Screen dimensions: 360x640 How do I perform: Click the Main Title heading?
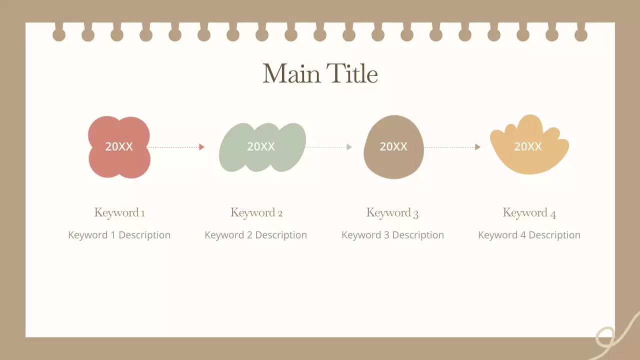point(320,74)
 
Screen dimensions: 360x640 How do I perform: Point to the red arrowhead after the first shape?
point(201,147)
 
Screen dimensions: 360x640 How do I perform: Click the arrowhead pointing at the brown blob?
point(349,147)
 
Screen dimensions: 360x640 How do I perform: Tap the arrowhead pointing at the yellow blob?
point(477,147)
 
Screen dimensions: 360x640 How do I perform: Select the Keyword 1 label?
point(119,212)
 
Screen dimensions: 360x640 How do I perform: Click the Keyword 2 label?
point(256,212)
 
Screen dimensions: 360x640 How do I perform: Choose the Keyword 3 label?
point(392,212)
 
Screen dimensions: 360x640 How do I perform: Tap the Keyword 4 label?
point(529,212)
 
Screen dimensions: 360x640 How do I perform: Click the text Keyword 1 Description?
point(119,235)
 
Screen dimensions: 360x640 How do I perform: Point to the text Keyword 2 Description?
point(256,235)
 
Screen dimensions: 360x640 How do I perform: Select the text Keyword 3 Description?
point(392,235)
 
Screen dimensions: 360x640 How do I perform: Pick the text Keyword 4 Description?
point(529,235)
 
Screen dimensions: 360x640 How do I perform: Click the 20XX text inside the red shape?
point(119,146)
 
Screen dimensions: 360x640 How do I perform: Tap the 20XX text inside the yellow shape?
point(528,146)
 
